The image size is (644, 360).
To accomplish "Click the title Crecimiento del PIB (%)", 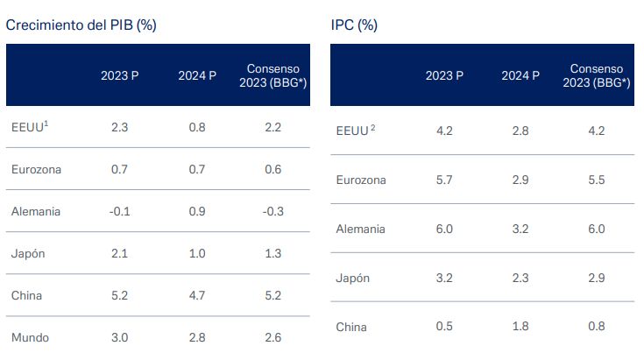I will pos(81,25).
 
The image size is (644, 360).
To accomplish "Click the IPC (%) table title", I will pos(354,25).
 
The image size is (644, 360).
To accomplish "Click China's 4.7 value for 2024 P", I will pos(196,294).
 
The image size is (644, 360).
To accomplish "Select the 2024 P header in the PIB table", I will pos(196,75).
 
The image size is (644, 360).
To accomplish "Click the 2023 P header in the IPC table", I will pos(444,75).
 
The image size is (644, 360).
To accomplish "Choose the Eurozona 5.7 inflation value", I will pos(444,180).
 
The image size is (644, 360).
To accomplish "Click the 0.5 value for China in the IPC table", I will pos(444,327).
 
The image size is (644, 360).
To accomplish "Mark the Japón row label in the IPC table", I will pos(354,278).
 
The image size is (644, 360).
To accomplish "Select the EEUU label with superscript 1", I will pos(27,126).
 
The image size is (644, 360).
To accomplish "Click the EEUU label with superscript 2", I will pos(356,131).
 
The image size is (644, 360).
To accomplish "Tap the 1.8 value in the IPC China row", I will pos(520,327).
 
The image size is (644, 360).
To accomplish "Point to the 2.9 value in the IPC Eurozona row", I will pos(520,180).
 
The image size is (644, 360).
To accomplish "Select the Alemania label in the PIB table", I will pos(35,210).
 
